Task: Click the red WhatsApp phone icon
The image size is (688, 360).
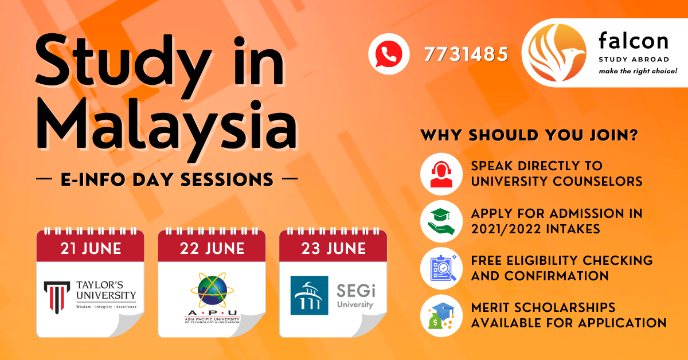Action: (x=389, y=54)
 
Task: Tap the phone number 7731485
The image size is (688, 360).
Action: (x=466, y=54)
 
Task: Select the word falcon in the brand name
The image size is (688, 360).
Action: (x=634, y=41)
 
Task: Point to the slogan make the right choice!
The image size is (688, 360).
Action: (x=638, y=71)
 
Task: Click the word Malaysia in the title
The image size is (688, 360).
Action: (x=167, y=127)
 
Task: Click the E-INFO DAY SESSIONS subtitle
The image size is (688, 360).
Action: (x=167, y=179)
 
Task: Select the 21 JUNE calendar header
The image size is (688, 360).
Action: (x=91, y=248)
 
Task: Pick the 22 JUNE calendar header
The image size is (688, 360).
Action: (x=212, y=248)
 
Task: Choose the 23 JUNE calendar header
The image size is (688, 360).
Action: (x=333, y=248)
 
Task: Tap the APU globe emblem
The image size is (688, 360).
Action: (x=212, y=290)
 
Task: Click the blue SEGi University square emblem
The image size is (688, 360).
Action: (x=309, y=295)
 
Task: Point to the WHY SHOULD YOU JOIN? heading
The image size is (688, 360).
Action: (x=529, y=135)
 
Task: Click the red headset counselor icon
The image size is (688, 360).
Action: (x=441, y=174)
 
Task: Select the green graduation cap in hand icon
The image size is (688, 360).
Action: (x=441, y=221)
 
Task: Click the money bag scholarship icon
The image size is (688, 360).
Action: (x=441, y=316)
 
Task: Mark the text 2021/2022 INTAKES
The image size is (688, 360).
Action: (x=535, y=229)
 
